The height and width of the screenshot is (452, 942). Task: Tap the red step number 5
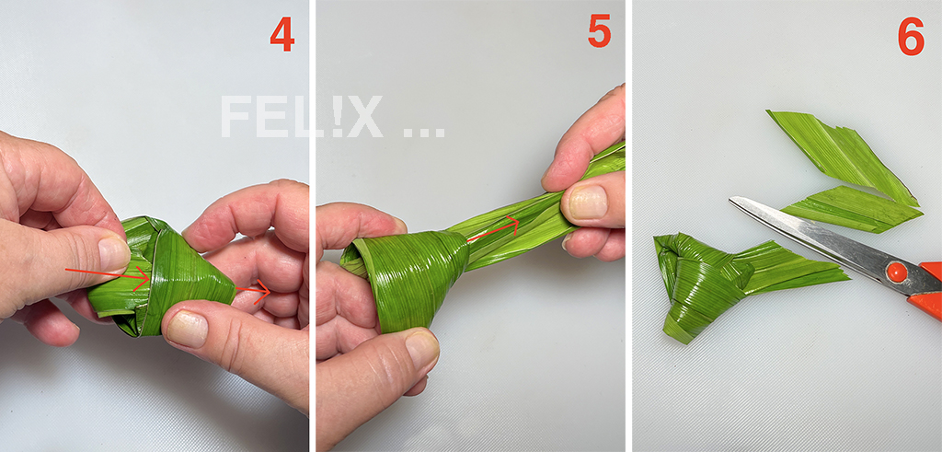(x=599, y=31)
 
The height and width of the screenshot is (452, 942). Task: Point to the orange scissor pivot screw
(x=896, y=272)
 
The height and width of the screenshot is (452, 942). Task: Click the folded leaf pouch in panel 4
(x=161, y=276)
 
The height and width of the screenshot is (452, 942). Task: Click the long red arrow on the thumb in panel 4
(x=108, y=274)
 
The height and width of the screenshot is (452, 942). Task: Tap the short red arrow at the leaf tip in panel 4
(x=253, y=292)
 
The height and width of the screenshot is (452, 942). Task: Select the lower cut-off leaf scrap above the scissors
(x=853, y=209)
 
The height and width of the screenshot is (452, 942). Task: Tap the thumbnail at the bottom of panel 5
(x=421, y=349)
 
